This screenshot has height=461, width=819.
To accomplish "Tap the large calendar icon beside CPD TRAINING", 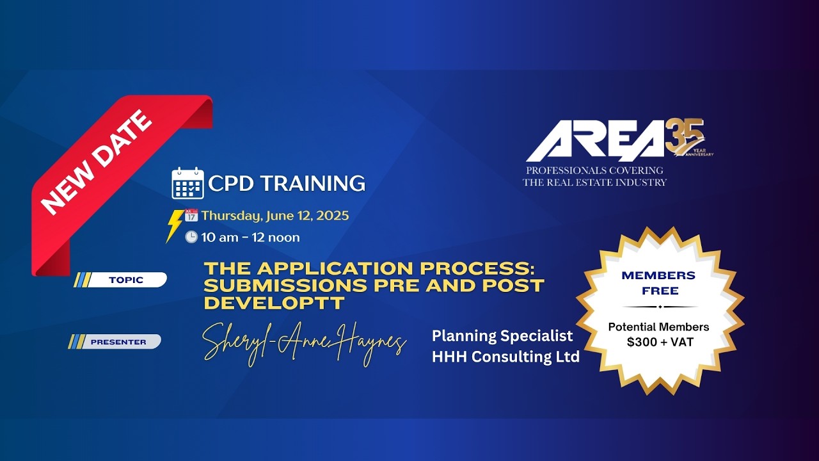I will point(187,183).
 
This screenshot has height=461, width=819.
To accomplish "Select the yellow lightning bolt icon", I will point(173,225).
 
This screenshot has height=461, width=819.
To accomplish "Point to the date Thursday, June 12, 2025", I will point(275,216).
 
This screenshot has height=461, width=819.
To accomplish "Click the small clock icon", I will point(191,237).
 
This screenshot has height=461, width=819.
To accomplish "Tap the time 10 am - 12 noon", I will point(250,238).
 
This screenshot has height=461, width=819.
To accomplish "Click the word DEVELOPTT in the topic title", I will point(274,303).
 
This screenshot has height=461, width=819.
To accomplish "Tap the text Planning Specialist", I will point(502,336).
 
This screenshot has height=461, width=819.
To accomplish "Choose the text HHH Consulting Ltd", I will point(505,357).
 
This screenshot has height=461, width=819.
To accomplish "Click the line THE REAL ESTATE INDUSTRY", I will point(594,182).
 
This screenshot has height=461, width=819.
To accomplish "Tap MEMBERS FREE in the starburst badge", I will point(658,283).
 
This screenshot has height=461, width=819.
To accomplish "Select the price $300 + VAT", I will point(658,342).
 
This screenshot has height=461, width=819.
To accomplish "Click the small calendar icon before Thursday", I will point(191,216).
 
